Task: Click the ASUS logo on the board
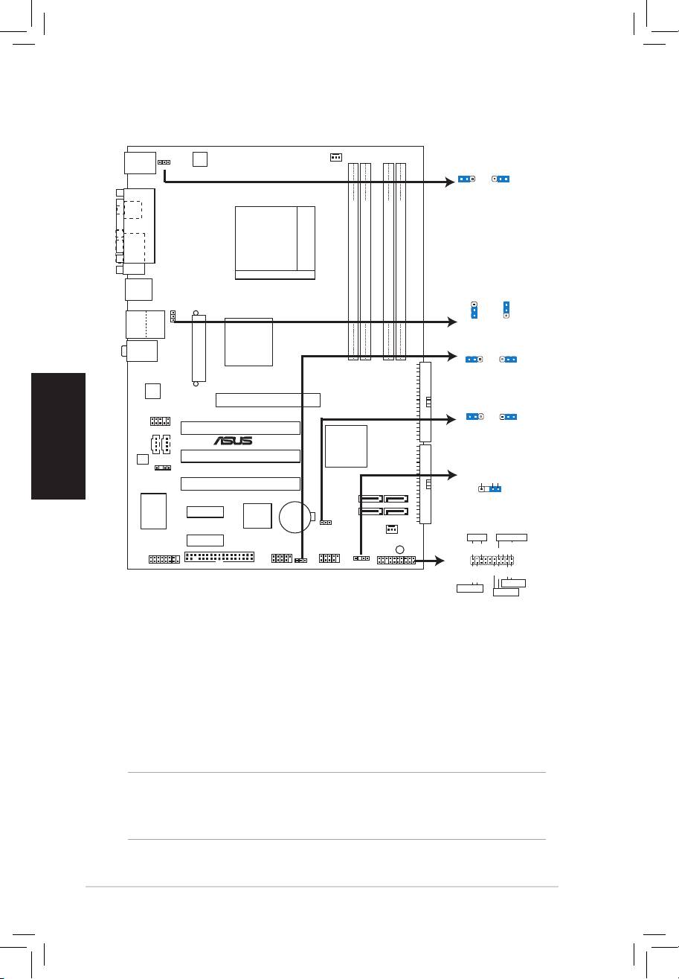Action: (234, 441)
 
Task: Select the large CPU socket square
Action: (275, 243)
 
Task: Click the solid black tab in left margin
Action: (58, 436)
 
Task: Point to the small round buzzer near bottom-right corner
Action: (399, 549)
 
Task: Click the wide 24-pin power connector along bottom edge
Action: (219, 557)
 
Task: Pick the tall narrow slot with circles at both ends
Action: (199, 348)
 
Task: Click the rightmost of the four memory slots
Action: (400, 261)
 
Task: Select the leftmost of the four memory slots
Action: (353, 261)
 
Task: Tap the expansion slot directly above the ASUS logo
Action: (241, 428)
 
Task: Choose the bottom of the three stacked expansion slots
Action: (241, 484)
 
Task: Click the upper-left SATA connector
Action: (370, 498)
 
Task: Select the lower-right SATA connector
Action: (396, 511)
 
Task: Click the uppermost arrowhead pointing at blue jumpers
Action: (450, 182)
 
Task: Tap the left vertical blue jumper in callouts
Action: (474, 310)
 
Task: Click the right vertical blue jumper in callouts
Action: (506, 310)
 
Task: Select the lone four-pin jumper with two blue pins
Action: (489, 488)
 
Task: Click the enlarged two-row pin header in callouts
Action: (492, 560)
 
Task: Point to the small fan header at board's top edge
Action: (336, 157)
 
